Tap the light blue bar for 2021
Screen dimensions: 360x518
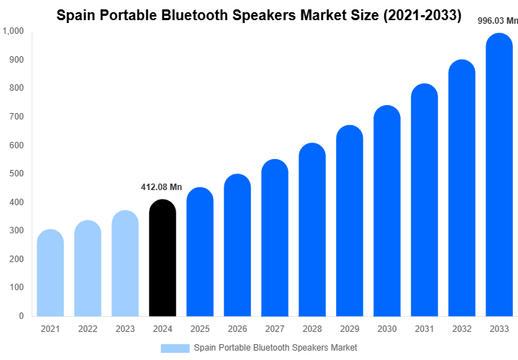[50, 273]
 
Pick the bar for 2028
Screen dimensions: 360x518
[312, 230]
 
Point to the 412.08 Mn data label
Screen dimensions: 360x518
[161, 187]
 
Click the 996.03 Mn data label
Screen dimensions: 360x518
[498, 21]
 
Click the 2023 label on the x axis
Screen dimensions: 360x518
[124, 329]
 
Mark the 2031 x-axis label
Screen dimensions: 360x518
[424, 329]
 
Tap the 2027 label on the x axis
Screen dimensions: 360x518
[275, 329]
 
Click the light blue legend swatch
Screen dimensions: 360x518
[175, 348]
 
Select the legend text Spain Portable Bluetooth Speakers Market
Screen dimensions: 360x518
[275, 348]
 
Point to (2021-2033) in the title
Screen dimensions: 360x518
[421, 14]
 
